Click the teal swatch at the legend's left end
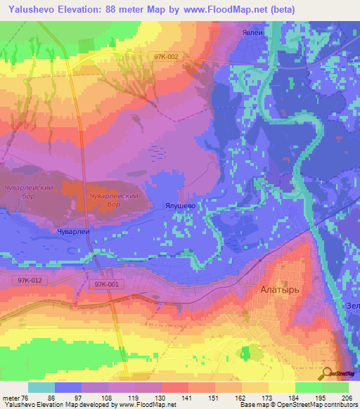[41, 387]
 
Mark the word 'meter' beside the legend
[12, 398]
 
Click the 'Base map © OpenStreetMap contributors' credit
[297, 405]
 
